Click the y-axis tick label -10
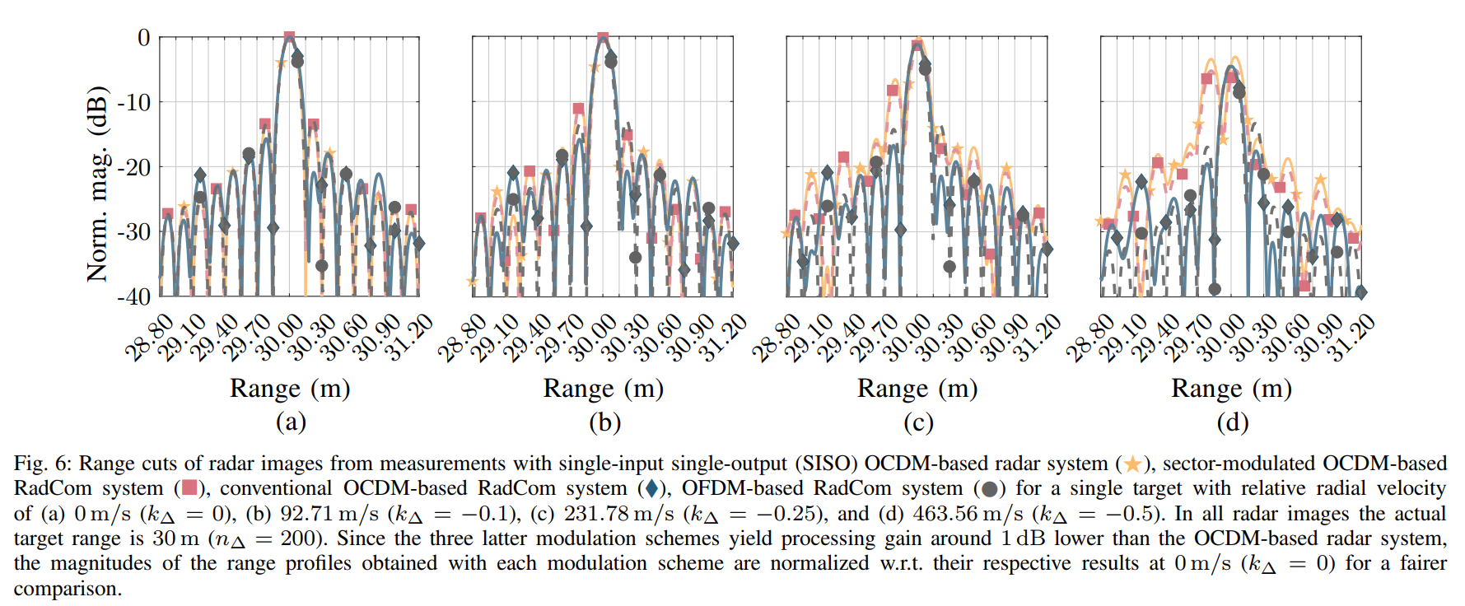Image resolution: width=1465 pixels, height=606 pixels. click(134, 102)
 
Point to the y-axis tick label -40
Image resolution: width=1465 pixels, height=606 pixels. click(134, 296)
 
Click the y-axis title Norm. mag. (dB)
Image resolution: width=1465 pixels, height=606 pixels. click(97, 184)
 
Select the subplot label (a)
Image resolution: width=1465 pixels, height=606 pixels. click(290, 422)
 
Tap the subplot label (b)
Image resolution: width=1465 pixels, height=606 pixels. click(604, 422)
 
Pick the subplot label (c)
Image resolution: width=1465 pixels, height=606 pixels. click(918, 422)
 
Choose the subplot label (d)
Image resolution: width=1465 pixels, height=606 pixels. click(1232, 422)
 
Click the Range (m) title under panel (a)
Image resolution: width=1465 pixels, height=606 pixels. click(290, 388)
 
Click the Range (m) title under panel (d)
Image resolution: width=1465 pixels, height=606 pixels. click(1232, 388)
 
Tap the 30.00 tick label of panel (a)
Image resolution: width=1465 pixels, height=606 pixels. click(279, 337)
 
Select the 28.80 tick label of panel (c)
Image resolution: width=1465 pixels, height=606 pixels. click(775, 337)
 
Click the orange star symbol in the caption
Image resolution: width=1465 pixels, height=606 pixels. click(1133, 464)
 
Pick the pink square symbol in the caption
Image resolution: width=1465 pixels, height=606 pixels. click(189, 489)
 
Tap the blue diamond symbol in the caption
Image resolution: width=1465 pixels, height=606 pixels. click(652, 489)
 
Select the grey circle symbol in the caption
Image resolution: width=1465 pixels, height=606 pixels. click(990, 489)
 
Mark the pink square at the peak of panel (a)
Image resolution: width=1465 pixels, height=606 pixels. click(289, 37)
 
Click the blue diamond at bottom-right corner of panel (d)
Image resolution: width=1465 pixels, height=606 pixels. click(1360, 292)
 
